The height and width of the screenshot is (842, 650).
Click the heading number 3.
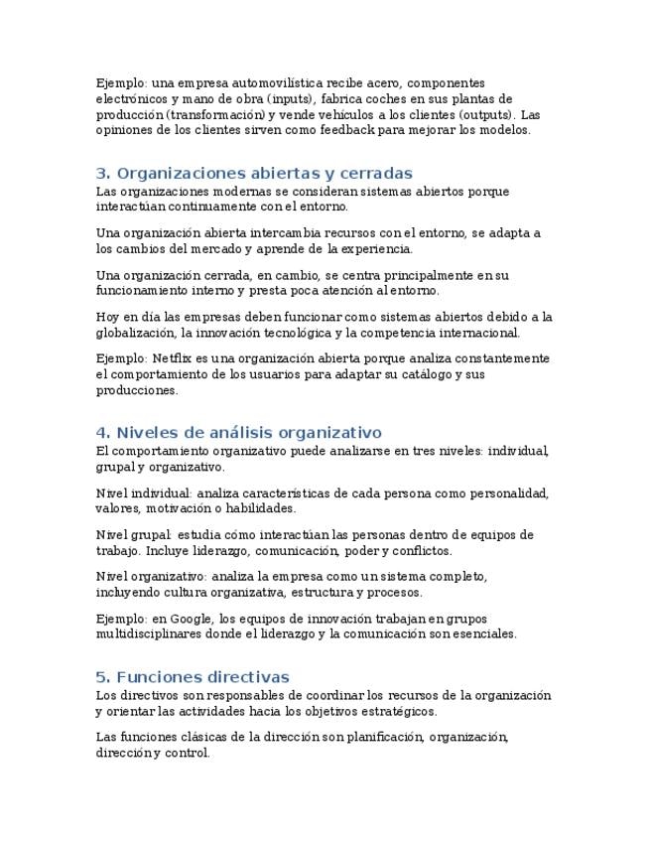coord(101,173)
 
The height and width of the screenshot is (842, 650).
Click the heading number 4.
coord(101,433)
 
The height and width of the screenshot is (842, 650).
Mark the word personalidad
coord(506,492)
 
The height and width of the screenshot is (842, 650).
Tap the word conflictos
coord(422,550)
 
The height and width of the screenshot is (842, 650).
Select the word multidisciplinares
coord(151,633)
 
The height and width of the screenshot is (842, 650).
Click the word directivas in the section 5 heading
coord(245,677)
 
